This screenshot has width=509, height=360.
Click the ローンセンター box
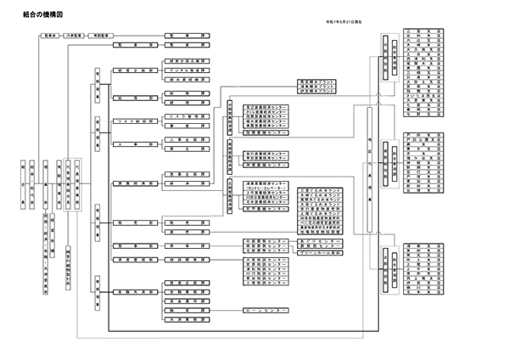pyautogui.click(x=264, y=311)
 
